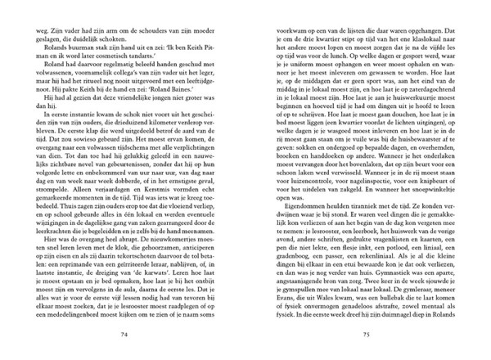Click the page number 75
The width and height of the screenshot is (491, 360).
point(367,334)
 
